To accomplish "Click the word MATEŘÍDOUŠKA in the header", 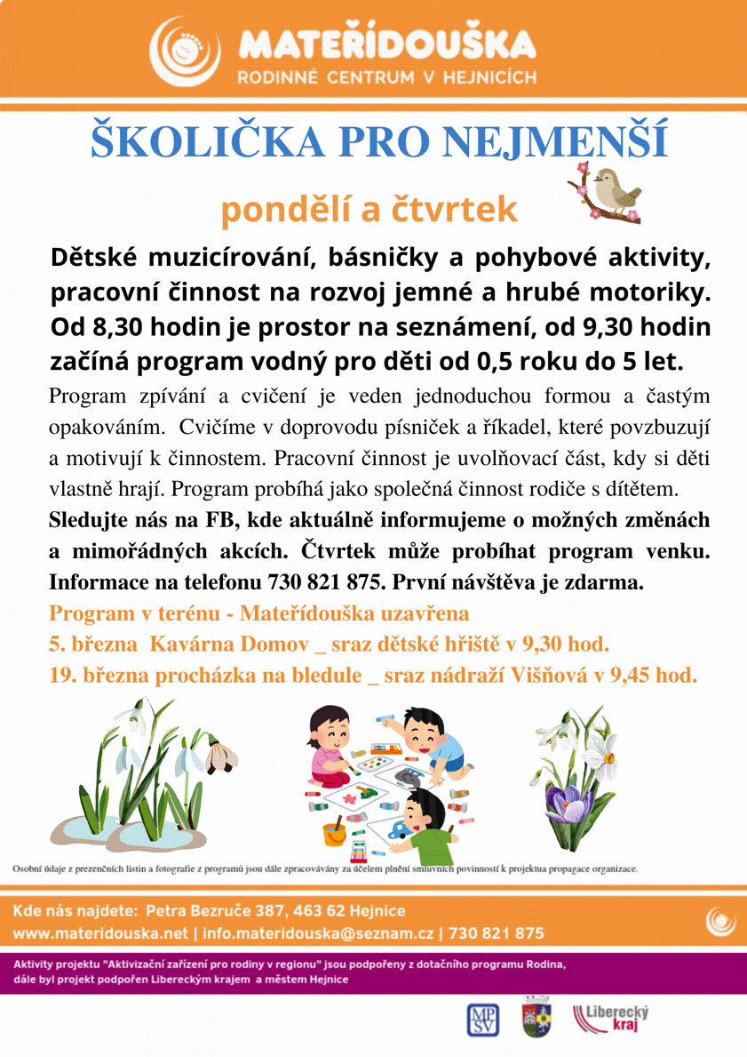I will (386, 44).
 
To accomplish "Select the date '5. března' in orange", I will (88, 644).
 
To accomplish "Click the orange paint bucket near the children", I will (334, 834).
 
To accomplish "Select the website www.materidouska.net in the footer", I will (100, 933).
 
